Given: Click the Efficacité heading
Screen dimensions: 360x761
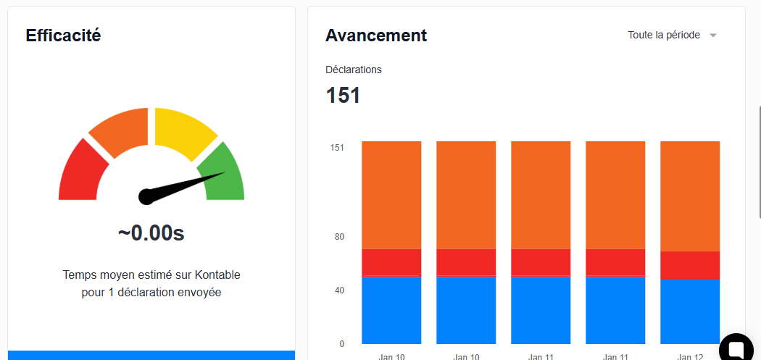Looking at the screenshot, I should tap(63, 35).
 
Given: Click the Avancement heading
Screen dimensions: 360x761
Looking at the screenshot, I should tap(376, 35).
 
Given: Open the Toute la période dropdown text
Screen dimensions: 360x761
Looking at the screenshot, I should tap(664, 35).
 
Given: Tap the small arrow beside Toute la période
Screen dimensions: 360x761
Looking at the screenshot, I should tap(713, 35).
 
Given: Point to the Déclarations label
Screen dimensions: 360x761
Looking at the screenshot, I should tap(354, 70).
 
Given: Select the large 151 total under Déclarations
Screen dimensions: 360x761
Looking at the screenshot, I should tap(343, 96).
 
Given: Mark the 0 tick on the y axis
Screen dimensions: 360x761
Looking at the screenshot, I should tap(341, 344).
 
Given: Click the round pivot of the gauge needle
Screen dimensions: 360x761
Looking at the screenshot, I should tap(146, 196).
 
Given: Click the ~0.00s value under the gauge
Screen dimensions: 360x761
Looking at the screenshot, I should tap(151, 233).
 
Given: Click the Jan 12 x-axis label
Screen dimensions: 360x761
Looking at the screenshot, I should tap(689, 356).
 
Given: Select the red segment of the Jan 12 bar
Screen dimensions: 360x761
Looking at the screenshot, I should tap(689, 265).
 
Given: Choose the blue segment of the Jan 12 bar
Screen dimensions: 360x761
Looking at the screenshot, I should tap(689, 311).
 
